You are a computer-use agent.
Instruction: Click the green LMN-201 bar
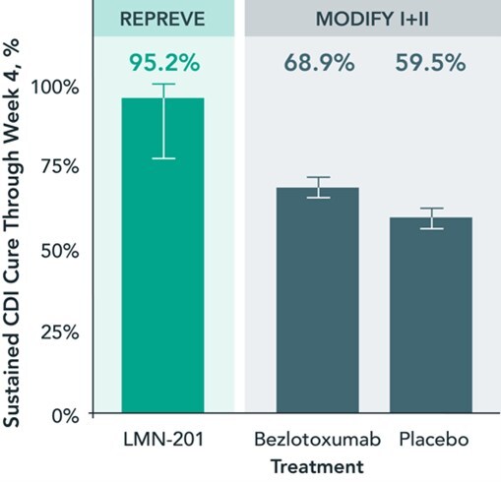click(163, 256)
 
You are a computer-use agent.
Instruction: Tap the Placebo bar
click(431, 315)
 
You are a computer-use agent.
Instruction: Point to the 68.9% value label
click(318, 63)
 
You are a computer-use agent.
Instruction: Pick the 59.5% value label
click(431, 63)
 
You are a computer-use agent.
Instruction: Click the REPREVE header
click(163, 19)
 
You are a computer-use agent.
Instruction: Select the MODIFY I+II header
click(372, 19)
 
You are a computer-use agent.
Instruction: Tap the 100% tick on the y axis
click(56, 87)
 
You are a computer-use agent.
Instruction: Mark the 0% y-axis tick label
click(65, 413)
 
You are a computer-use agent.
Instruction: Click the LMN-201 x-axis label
click(163, 438)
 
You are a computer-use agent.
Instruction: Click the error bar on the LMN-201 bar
click(163, 120)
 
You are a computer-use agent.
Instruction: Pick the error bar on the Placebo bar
click(431, 218)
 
